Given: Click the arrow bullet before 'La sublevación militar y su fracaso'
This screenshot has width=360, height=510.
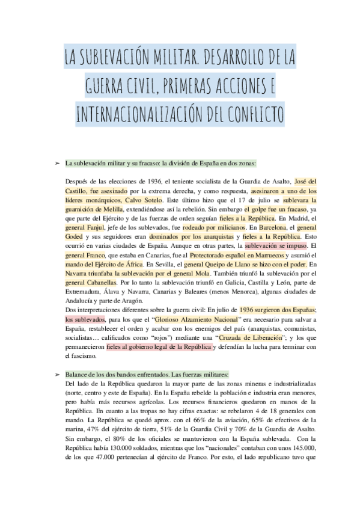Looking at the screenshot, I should pyautogui.click(x=56, y=163).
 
